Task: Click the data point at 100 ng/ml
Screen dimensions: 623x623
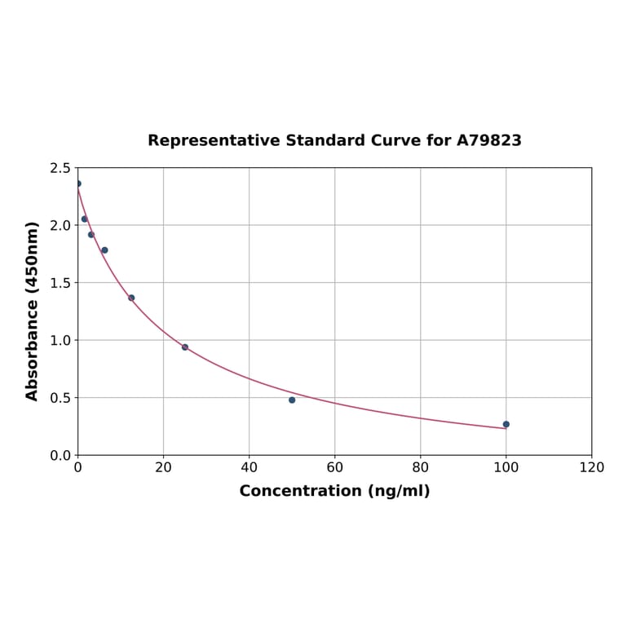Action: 506,424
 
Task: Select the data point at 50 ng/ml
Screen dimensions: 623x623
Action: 292,400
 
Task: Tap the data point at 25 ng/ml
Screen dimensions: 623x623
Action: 185,347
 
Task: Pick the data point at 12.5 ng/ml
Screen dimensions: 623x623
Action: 131,298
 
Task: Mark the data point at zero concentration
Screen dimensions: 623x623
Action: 78,183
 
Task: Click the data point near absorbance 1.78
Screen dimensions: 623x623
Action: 104,250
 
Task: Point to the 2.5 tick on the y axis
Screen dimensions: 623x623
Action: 60,168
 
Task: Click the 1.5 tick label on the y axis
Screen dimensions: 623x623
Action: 60,283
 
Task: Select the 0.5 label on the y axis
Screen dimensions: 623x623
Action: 60,398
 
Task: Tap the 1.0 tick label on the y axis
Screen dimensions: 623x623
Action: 60,340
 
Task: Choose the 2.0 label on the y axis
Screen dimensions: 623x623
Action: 60,225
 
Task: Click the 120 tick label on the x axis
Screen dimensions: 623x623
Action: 591,467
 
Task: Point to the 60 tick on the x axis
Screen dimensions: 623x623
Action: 334,467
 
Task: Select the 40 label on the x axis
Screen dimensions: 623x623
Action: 249,467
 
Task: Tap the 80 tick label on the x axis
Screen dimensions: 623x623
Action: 420,467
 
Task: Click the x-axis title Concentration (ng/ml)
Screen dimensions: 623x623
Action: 334,491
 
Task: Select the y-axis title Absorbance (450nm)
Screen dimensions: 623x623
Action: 33,311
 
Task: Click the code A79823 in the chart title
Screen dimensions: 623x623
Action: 488,140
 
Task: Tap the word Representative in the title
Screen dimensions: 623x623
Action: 214,140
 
